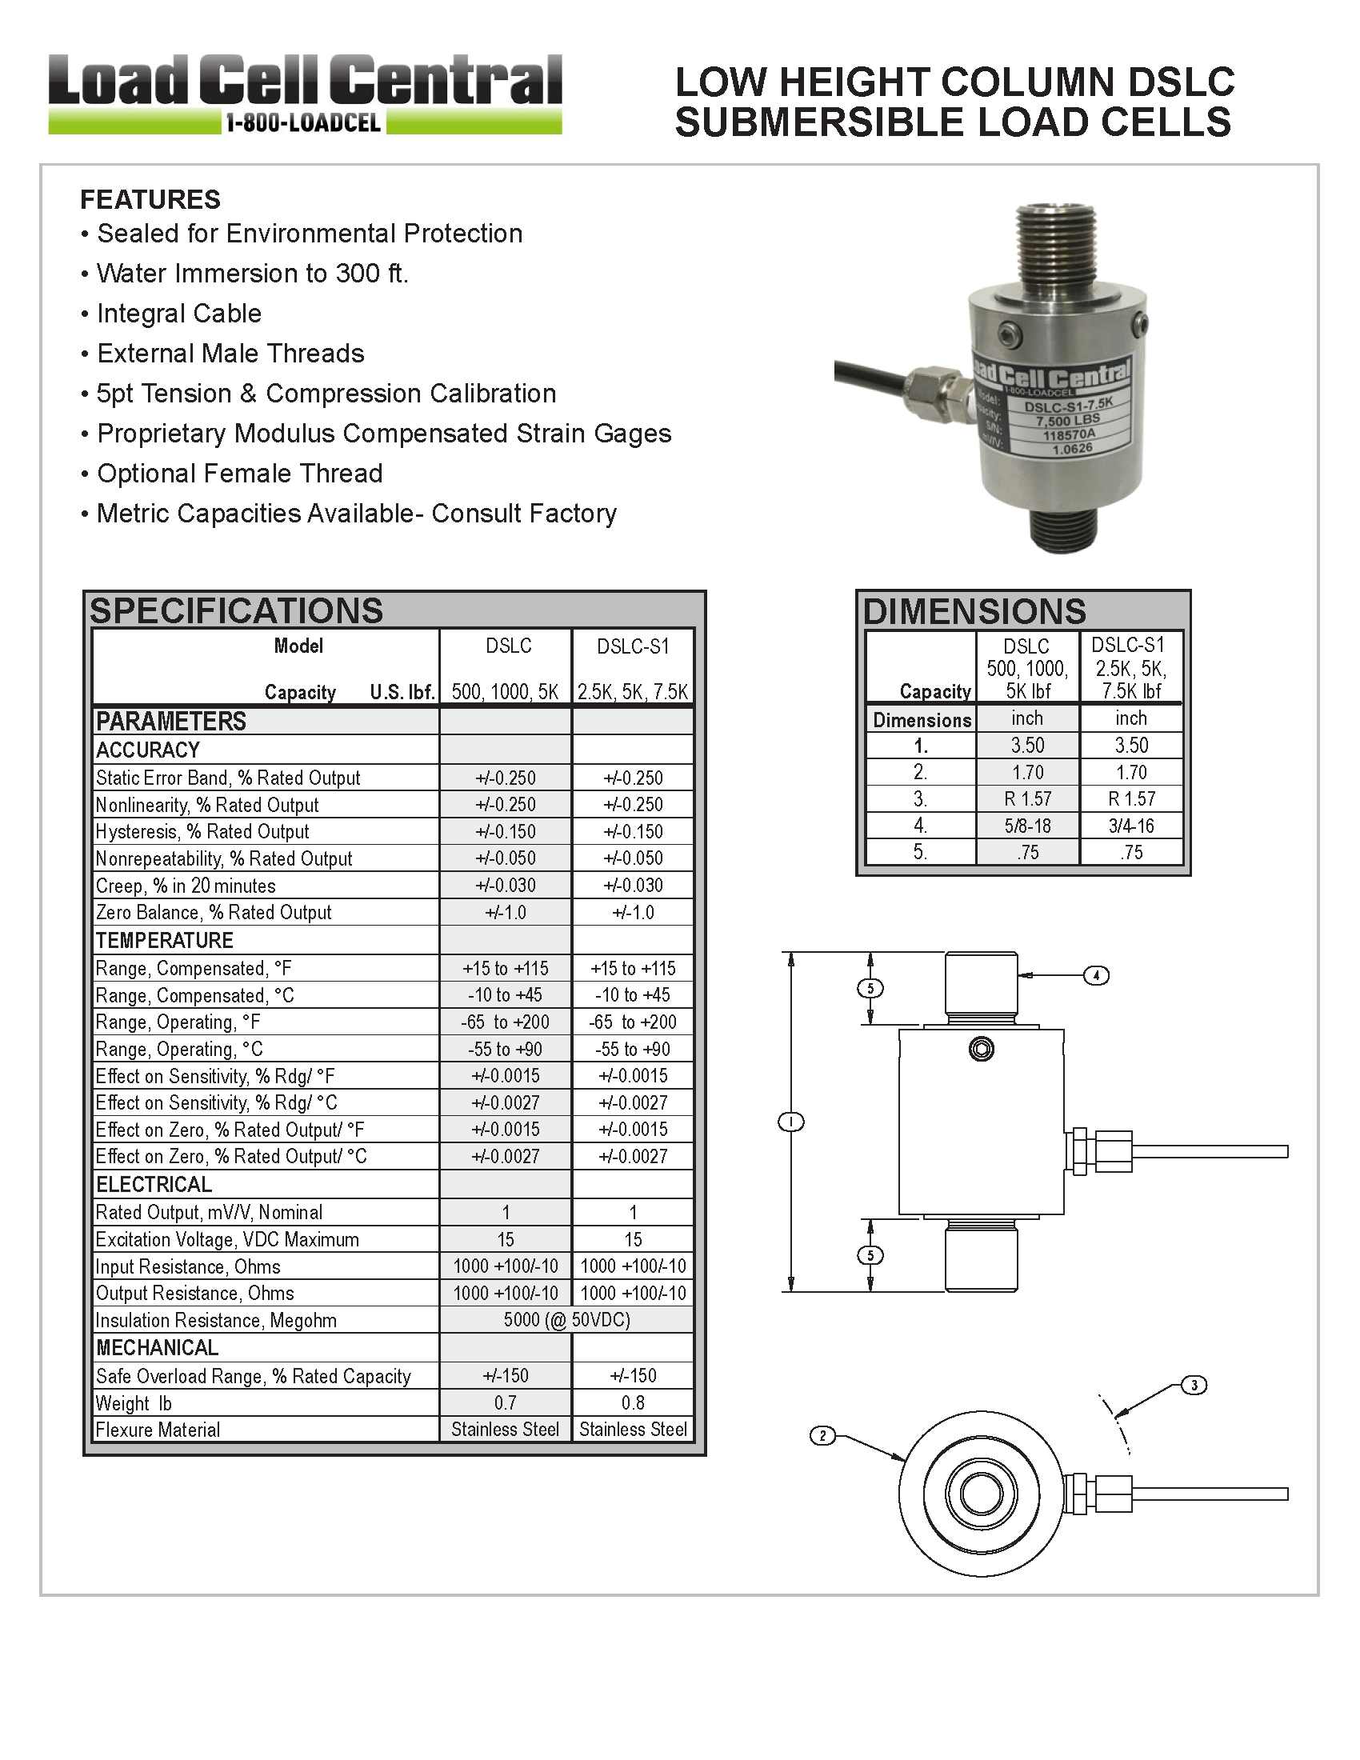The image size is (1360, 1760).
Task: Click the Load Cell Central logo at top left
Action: pyautogui.click(x=305, y=94)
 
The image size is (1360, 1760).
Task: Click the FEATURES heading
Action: pyautogui.click(x=150, y=199)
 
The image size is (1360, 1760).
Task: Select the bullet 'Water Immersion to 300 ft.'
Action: pyautogui.click(x=252, y=273)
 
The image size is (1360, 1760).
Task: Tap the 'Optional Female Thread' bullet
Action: pyautogui.click(x=239, y=473)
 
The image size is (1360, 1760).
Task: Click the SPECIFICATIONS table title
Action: pyautogui.click(x=236, y=611)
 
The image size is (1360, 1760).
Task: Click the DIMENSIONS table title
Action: pyautogui.click(x=974, y=612)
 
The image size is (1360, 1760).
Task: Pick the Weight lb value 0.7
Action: pyautogui.click(x=505, y=1402)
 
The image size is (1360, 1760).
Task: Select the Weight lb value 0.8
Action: pyautogui.click(x=633, y=1402)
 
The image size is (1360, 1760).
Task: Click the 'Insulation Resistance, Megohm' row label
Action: pyautogui.click(x=216, y=1320)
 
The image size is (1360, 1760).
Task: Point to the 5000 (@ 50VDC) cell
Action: pyautogui.click(x=566, y=1319)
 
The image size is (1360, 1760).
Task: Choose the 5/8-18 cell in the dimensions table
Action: pyautogui.click(x=1027, y=826)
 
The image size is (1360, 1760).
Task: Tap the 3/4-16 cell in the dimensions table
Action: pyautogui.click(x=1131, y=826)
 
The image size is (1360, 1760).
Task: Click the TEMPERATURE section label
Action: pyautogui.click(x=164, y=941)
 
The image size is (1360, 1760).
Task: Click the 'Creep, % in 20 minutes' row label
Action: pyautogui.click(x=186, y=886)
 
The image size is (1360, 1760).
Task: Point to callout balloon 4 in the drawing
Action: pyautogui.click(x=1096, y=975)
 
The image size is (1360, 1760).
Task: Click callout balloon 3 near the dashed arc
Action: pyautogui.click(x=1194, y=1386)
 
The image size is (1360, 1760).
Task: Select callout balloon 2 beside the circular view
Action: pyautogui.click(x=822, y=1435)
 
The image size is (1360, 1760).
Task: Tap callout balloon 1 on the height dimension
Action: pyautogui.click(x=791, y=1121)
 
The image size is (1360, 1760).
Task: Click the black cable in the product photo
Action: pyautogui.click(x=870, y=375)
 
